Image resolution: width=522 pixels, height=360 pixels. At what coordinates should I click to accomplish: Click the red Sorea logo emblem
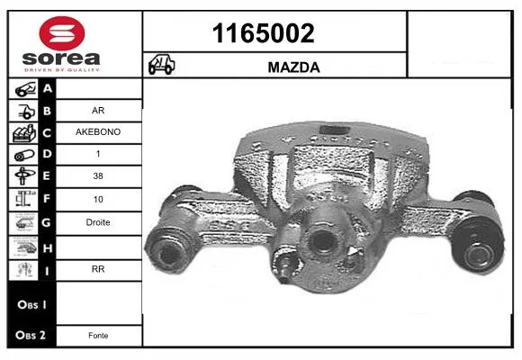(62, 33)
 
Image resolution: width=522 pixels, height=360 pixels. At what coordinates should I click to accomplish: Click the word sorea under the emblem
(61, 58)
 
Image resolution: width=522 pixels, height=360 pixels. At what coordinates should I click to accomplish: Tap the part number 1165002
(264, 33)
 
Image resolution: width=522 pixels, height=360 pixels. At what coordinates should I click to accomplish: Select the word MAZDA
(294, 67)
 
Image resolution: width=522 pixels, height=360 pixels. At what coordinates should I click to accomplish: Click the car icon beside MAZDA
(161, 65)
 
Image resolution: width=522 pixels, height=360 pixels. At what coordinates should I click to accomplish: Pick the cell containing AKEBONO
(98, 132)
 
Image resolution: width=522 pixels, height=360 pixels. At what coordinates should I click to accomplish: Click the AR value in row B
(98, 110)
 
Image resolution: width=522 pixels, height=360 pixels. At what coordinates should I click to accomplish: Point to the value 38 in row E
(98, 175)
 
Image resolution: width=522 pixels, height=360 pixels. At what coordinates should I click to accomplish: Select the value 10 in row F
(98, 199)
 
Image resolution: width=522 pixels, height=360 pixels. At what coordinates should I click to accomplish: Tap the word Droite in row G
(98, 222)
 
